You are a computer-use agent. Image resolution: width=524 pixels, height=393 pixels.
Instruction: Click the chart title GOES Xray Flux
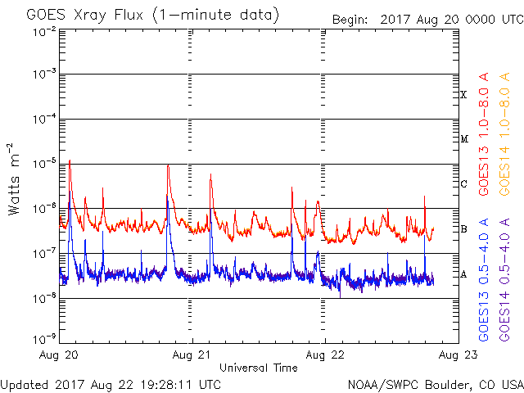(85, 16)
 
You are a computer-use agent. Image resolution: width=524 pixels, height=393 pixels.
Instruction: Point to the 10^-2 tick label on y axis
(44, 33)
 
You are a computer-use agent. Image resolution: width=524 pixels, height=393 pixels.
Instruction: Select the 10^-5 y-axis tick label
(44, 164)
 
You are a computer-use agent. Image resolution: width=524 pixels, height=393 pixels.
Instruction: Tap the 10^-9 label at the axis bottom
(44, 339)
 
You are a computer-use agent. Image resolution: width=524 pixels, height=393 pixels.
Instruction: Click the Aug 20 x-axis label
(58, 355)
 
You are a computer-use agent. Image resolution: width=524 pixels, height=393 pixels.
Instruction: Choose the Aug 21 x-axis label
(192, 355)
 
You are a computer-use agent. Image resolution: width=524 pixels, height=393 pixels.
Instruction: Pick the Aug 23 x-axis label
(458, 355)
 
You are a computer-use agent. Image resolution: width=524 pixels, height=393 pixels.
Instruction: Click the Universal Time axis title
(259, 368)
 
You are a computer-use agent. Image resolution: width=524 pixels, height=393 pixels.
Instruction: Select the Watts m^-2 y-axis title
(14, 179)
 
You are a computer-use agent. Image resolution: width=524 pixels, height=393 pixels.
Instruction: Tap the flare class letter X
(463, 95)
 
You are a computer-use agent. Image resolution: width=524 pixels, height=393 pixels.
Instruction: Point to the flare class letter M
(464, 139)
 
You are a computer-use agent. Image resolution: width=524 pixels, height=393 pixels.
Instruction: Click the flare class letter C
(464, 183)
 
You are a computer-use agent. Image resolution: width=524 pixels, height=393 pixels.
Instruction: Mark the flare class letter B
(463, 229)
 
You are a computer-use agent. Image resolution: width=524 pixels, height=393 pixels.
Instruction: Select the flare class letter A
(463, 274)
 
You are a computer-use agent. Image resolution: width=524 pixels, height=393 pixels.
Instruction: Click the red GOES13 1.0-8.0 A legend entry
(484, 134)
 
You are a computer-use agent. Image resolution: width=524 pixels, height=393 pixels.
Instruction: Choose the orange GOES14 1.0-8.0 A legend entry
(504, 134)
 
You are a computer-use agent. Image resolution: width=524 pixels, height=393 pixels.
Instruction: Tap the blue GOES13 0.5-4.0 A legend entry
(484, 280)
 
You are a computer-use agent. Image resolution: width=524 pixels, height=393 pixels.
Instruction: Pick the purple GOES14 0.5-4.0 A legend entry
(504, 280)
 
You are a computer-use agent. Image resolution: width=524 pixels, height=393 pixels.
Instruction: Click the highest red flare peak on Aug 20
(70, 160)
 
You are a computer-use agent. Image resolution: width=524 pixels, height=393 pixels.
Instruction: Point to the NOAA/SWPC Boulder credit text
(436, 385)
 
